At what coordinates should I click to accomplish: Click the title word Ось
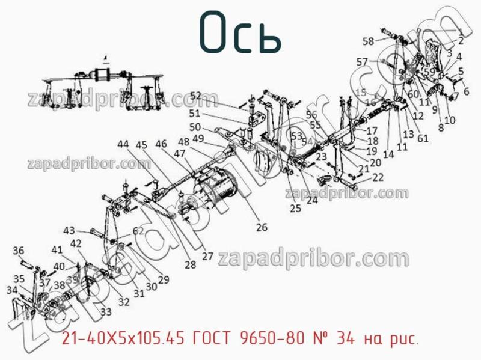click(240, 31)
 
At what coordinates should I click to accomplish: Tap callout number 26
click(262, 227)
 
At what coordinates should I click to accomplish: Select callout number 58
click(368, 41)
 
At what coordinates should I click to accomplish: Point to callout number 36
click(19, 251)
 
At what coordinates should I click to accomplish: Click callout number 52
click(196, 96)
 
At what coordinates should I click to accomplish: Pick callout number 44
click(123, 144)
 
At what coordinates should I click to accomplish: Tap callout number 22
click(378, 177)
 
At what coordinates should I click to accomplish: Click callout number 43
click(70, 230)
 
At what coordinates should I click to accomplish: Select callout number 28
click(191, 264)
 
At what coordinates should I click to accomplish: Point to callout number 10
click(450, 120)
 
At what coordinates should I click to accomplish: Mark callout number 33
click(106, 311)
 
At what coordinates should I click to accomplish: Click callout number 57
click(362, 61)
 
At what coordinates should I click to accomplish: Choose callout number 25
click(295, 209)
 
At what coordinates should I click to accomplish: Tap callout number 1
click(460, 31)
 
